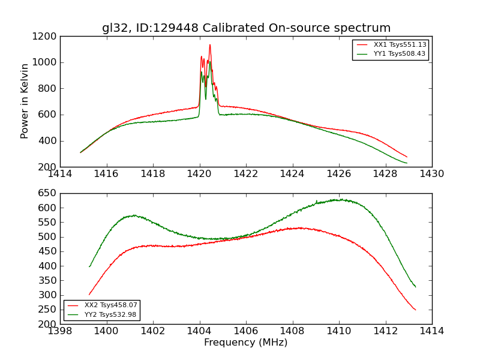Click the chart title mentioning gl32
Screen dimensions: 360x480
[x=246, y=28]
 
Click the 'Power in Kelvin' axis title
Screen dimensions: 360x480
[x=25, y=101]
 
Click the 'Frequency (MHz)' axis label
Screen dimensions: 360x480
[x=246, y=343]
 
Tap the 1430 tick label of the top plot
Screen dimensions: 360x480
[x=431, y=173]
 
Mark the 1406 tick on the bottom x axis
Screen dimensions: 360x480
[x=246, y=331]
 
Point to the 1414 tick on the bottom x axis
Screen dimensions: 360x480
[x=431, y=331]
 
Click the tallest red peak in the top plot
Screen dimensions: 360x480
[x=210, y=45]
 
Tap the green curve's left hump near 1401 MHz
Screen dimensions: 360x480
[x=133, y=215]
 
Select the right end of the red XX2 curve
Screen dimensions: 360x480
[x=415, y=310]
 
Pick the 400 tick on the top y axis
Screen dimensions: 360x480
[x=47, y=141]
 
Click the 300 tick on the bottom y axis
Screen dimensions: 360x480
[x=47, y=295]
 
